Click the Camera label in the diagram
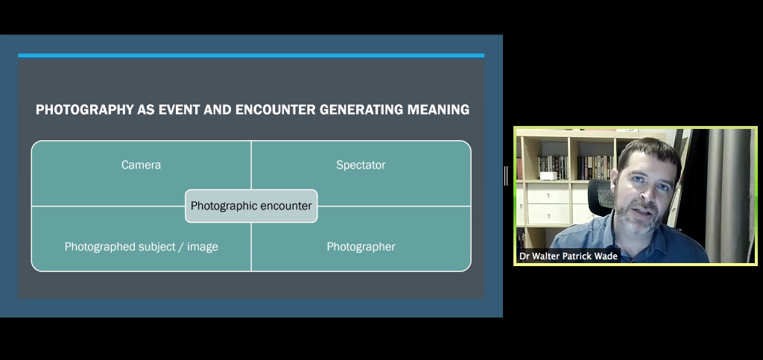point(141,165)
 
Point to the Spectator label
point(361,165)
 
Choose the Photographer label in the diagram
point(361,247)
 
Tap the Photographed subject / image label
point(141,247)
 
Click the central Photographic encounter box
point(251,206)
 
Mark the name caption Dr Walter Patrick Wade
point(569,256)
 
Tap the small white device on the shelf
point(548,176)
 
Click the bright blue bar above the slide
point(251,55)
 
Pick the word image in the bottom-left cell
point(203,247)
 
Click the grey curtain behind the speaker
point(727,195)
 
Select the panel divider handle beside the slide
point(506,176)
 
